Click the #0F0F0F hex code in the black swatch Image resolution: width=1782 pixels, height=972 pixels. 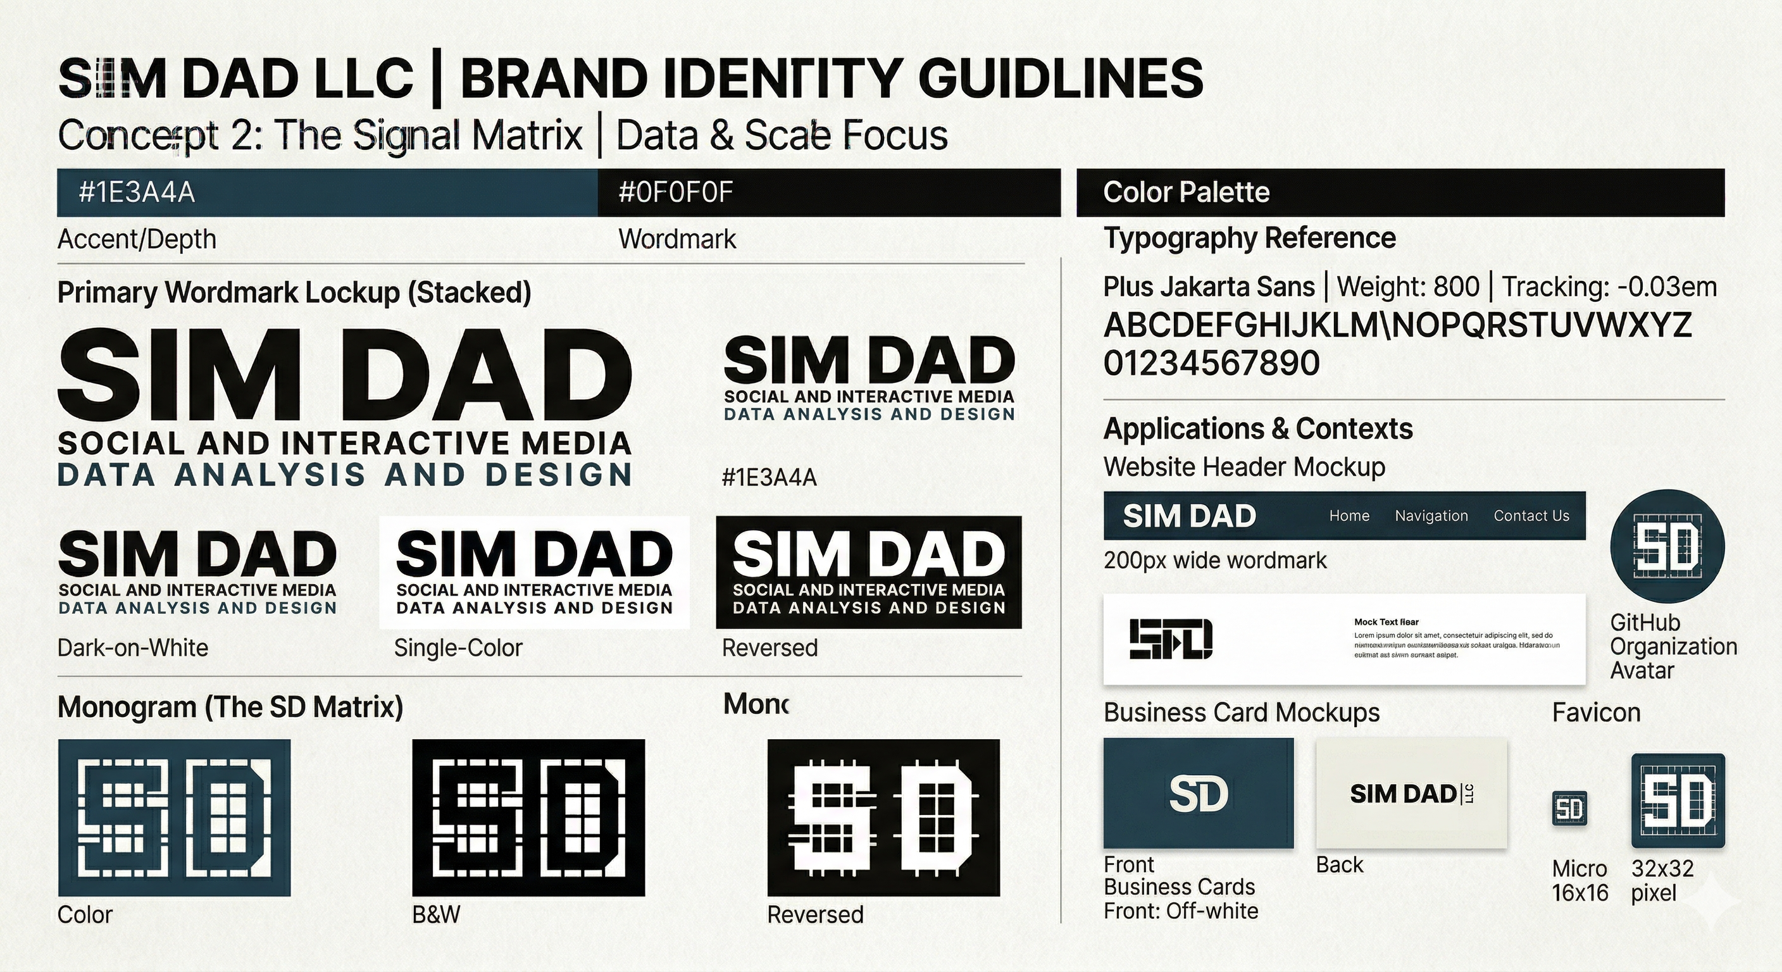click(x=675, y=192)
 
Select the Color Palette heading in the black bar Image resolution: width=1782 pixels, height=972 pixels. click(x=1186, y=192)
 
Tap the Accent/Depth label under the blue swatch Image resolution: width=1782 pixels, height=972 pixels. click(x=136, y=239)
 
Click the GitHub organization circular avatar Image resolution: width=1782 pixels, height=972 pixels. click(x=1667, y=546)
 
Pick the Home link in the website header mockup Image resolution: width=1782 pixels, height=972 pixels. click(x=1349, y=516)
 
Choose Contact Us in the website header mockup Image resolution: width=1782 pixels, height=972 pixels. click(x=1531, y=516)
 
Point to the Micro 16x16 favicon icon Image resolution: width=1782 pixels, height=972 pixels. click(x=1569, y=809)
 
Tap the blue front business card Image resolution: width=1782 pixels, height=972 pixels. click(x=1198, y=793)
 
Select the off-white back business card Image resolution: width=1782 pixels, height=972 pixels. click(x=1411, y=793)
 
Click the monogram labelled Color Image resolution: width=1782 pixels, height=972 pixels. click(x=174, y=817)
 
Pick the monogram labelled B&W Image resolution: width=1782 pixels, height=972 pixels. click(x=528, y=817)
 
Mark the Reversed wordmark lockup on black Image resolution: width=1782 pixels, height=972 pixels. click(x=868, y=572)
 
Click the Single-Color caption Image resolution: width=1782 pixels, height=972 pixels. click(x=458, y=648)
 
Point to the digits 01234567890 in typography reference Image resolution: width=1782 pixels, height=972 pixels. click(x=1211, y=364)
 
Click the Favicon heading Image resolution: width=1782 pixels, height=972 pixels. click(x=1596, y=713)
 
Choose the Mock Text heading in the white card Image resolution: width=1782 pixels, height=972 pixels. click(x=1386, y=622)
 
